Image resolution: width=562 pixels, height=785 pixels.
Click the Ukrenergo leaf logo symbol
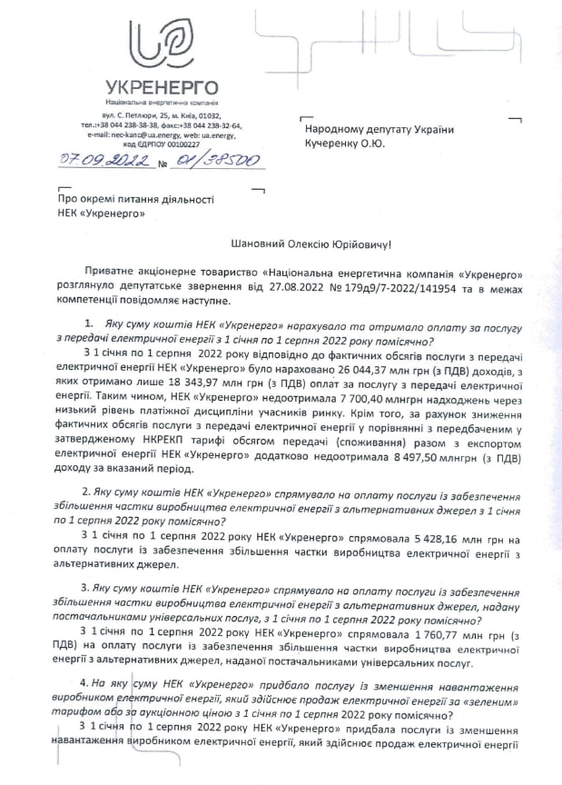click(162, 43)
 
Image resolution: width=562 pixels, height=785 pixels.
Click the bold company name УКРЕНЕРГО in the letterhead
click(161, 87)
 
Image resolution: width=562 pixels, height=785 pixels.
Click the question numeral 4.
click(84, 681)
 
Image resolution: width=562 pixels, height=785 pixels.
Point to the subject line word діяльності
click(177, 197)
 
